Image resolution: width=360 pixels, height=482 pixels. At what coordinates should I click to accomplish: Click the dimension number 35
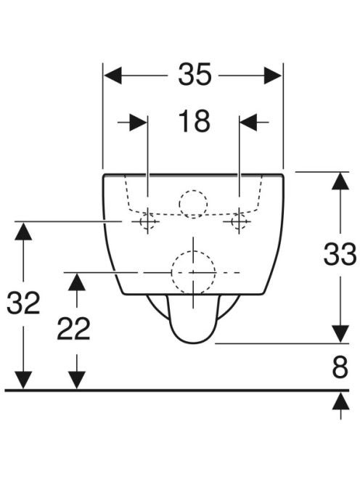pos(195,74)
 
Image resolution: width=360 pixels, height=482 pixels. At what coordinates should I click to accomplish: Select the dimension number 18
pos(195,121)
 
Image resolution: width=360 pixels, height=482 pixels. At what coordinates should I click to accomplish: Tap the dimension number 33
pos(340,254)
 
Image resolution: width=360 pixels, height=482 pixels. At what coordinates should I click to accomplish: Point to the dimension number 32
pos(23,303)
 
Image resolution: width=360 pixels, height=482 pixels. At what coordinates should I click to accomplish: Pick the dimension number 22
pos(74,329)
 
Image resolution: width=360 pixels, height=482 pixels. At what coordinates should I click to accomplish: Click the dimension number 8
pos(340,367)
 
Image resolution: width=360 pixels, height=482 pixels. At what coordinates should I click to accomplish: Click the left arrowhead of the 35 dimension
pos(112,75)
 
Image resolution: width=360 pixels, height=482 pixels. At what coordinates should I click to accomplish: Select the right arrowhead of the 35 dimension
pos(273,75)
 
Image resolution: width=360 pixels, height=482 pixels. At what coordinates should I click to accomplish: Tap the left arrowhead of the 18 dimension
pos(138,122)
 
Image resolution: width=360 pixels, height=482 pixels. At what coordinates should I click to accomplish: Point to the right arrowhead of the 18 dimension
pos(248,122)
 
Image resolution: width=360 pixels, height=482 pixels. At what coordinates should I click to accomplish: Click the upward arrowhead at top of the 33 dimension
pos(340,181)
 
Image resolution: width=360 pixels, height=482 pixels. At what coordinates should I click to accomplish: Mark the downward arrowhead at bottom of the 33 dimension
pos(340,334)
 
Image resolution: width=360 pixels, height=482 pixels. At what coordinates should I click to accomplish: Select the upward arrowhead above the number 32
pos(23,231)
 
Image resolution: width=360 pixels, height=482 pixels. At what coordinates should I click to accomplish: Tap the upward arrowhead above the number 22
pos(76,282)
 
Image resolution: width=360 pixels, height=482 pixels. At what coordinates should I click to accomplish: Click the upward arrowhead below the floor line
pos(340,401)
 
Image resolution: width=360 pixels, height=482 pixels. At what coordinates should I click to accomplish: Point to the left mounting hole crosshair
pos(148,221)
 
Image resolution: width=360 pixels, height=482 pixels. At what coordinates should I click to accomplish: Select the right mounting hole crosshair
pos(240,221)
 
